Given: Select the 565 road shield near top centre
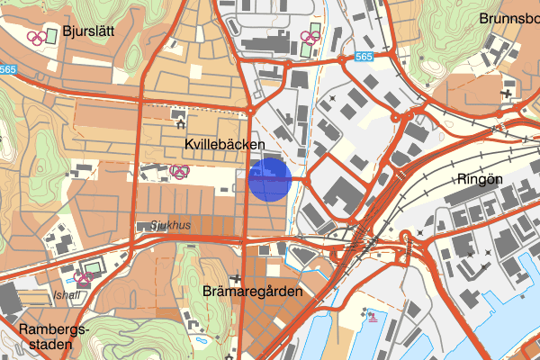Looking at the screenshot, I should (363, 56).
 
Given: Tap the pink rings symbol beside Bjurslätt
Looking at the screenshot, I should (36, 38).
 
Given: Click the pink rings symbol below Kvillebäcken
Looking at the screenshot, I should (180, 171).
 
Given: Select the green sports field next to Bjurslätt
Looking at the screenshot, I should (51, 35).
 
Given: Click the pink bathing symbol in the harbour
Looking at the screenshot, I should (370, 316).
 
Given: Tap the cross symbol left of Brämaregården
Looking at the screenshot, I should (235, 279).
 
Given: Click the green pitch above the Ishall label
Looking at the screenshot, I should (92, 267).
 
